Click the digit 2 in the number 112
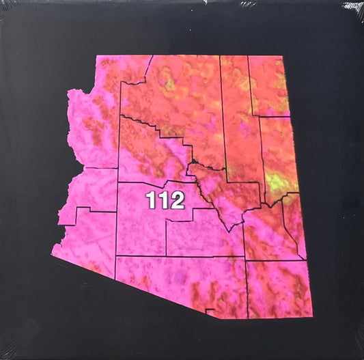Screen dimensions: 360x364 177,201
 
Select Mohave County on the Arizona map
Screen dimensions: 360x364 92,123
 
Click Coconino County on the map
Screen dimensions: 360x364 171,102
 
